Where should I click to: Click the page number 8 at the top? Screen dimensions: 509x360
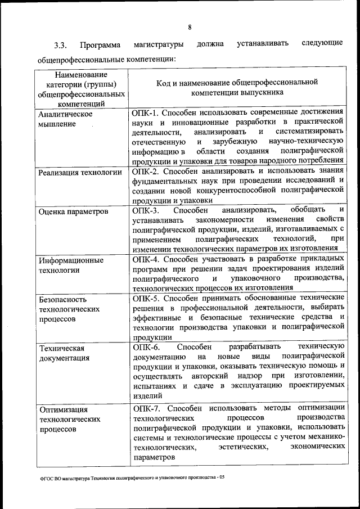[x=190, y=27]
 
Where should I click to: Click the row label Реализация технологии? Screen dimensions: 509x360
[x=80, y=172]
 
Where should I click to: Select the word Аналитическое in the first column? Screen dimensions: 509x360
[x=65, y=113]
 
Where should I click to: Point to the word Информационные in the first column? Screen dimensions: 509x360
[x=70, y=260]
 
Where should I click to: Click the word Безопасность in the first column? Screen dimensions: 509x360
[x=62, y=300]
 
